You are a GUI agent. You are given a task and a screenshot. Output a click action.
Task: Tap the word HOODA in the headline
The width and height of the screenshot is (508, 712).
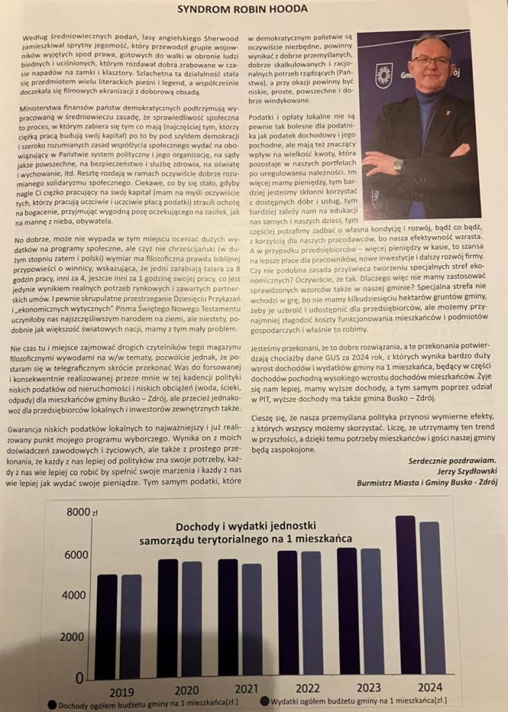(x=291, y=9)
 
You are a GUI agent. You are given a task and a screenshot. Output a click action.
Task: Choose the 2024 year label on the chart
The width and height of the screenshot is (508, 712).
(x=431, y=687)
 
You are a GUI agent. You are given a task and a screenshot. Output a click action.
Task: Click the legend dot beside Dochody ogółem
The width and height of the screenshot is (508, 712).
(x=52, y=703)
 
